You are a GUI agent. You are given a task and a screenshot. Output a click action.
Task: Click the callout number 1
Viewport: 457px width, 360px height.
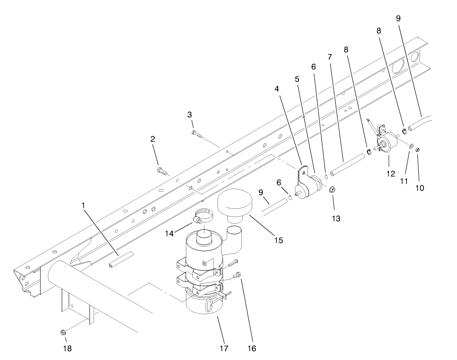(83, 205)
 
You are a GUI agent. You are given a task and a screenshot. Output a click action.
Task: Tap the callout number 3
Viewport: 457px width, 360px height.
(189, 115)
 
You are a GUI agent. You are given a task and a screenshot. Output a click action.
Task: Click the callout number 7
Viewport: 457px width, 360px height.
(330, 57)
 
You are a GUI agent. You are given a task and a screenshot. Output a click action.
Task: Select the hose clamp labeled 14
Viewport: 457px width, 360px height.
(202, 215)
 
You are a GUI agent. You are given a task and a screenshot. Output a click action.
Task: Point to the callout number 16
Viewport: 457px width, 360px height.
(251, 349)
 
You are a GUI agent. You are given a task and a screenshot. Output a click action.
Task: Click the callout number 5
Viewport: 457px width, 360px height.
(297, 80)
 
